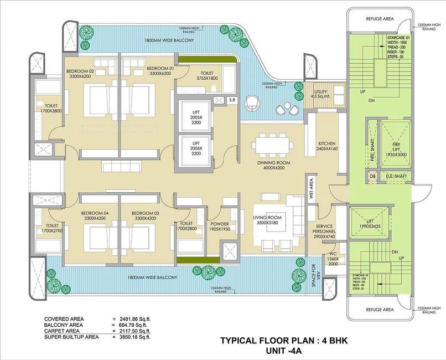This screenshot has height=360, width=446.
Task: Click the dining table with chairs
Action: pyautogui.click(x=271, y=145)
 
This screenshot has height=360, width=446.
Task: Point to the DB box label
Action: pyautogui.click(x=372, y=178)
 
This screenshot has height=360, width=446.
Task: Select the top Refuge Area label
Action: pyautogui.click(x=380, y=19)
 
